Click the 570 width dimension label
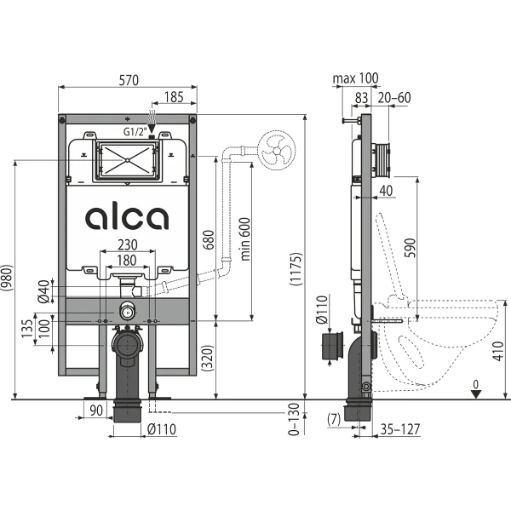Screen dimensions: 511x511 click(129, 80)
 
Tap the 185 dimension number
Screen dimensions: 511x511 click(174, 97)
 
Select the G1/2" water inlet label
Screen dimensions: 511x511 click(135, 132)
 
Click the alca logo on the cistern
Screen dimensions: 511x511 click(127, 218)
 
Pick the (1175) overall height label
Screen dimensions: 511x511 click(296, 269)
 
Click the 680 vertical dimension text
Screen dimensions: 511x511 click(209, 240)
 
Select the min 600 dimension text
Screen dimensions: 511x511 click(245, 239)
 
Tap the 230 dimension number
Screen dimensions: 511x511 click(128, 244)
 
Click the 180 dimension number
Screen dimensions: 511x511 click(127, 261)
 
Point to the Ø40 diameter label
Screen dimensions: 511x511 click(43, 291)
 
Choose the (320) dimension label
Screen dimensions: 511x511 click(207, 359)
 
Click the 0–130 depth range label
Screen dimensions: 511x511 click(294, 419)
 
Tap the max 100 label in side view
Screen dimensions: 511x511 click(355, 78)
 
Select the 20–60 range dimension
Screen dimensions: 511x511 click(394, 97)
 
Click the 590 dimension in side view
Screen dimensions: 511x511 click(411, 248)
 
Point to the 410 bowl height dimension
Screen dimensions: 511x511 click(497, 351)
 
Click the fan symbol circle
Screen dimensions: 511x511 click(277, 150)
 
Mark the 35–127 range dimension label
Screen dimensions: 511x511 click(400, 429)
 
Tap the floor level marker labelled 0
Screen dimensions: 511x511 click(476, 389)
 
